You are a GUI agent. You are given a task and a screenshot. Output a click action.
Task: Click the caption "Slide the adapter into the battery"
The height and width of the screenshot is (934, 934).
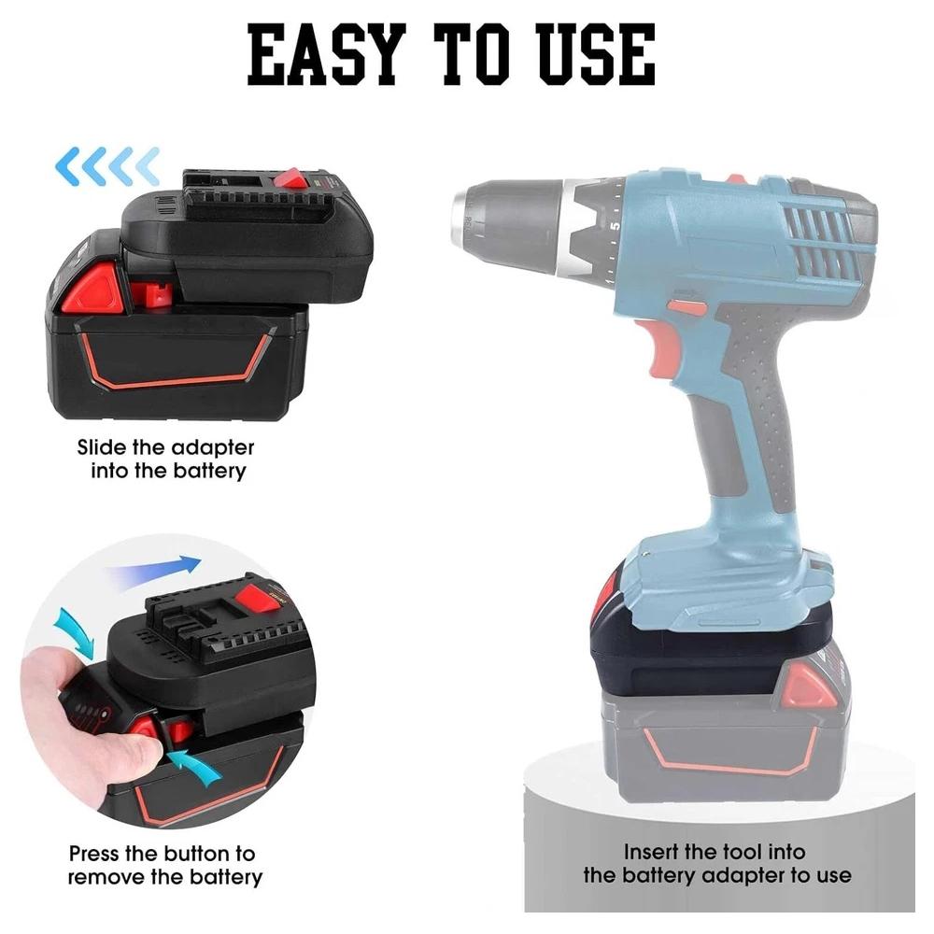click(166, 459)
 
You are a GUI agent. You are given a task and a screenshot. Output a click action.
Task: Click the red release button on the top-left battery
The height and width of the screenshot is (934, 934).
click(93, 287)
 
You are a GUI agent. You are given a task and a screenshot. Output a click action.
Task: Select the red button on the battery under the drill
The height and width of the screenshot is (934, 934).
click(804, 686)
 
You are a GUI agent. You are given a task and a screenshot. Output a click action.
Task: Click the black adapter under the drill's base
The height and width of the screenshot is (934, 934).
click(691, 654)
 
